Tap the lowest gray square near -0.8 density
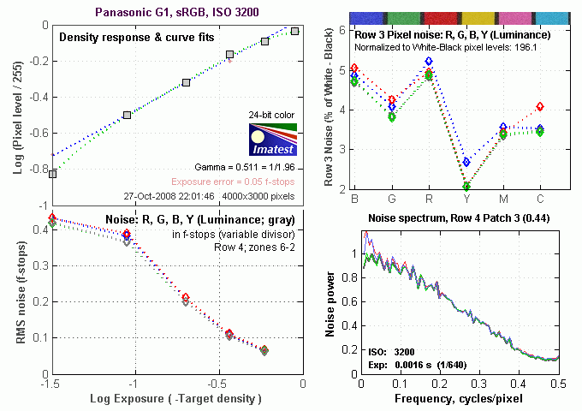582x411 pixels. pyautogui.click(x=53, y=174)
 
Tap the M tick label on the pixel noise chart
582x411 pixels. pyautogui.click(x=503, y=199)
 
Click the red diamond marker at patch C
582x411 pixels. pyautogui.click(x=539, y=107)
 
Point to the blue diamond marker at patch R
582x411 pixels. pyautogui.click(x=428, y=62)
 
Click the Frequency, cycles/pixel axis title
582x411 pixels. pyautogui.click(x=459, y=399)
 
